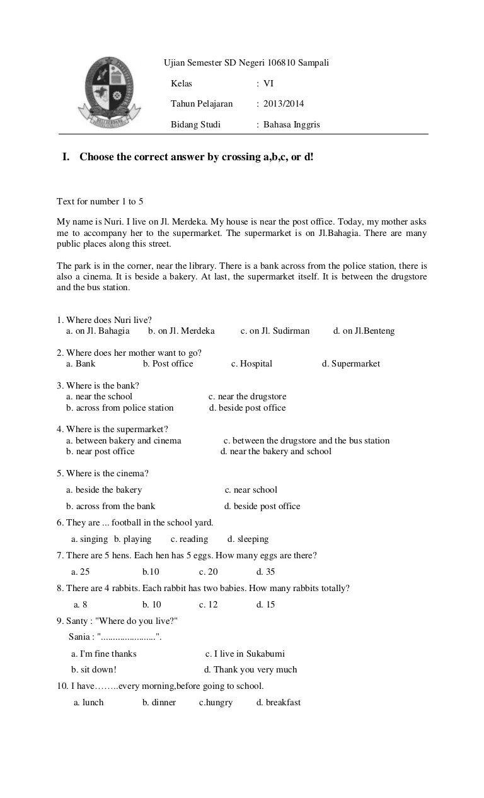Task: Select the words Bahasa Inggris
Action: (292, 124)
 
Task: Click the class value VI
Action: (268, 83)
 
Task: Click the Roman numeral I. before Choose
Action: (66, 156)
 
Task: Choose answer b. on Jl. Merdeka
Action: (181, 331)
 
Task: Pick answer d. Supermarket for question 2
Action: (351, 363)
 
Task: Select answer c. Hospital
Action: (251, 363)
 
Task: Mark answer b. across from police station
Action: (120, 408)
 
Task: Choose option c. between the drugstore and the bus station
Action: (306, 440)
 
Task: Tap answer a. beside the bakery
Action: (104, 490)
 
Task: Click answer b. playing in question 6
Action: (133, 539)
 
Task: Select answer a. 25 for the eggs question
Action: (81, 572)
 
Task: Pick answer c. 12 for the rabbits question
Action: (209, 604)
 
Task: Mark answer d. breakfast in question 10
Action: (279, 702)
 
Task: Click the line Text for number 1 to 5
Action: (100, 201)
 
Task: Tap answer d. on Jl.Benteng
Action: (364, 331)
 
